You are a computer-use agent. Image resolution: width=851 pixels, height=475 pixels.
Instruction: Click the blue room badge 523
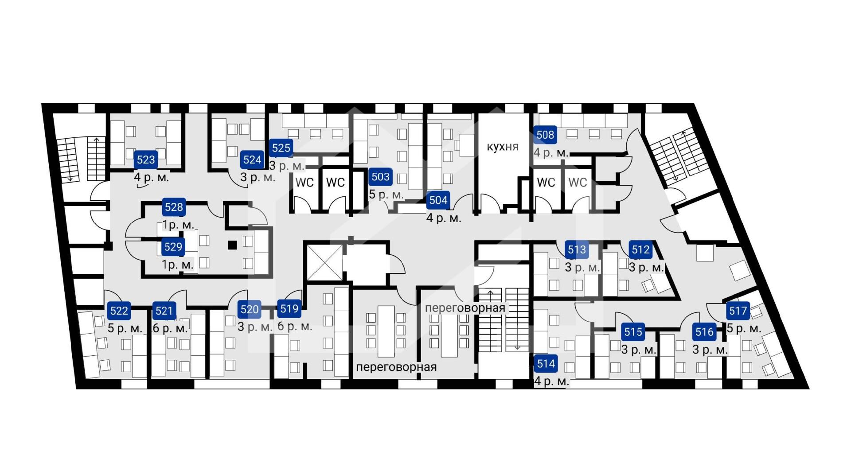coord(146,160)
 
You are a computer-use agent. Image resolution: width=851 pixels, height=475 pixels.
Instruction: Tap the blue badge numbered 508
coord(545,135)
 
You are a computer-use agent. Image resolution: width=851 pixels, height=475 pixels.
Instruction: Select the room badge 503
coord(380,177)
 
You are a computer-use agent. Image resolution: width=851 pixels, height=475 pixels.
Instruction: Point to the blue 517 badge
coord(738,311)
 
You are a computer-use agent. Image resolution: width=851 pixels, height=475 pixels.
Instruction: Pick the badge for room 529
coord(173,247)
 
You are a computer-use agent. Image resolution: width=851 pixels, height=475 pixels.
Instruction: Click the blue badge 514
coord(546,364)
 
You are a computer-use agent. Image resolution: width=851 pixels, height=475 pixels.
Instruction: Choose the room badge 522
coord(119,311)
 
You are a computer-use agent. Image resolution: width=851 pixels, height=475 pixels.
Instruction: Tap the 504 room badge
coord(438,200)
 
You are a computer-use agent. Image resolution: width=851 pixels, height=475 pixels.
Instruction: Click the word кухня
coord(503,147)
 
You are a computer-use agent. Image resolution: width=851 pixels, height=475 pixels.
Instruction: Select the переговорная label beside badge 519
coord(397,367)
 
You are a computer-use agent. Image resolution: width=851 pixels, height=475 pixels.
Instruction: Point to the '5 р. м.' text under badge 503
coord(386,194)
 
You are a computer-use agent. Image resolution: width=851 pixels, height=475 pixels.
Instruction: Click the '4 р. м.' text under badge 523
coord(152,177)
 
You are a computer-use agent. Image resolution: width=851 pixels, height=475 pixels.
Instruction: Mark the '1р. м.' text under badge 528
coord(178,225)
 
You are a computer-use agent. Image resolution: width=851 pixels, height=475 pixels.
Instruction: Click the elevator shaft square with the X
coord(325,262)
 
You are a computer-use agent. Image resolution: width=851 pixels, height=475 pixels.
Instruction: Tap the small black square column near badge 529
coord(232,245)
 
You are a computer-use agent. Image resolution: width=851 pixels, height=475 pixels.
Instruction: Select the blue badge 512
coord(640,250)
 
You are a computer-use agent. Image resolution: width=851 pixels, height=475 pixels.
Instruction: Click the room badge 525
coord(281,148)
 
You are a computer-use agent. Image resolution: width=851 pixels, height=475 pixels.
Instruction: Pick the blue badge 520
coord(250,309)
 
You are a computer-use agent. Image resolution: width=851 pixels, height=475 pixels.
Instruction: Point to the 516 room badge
coord(704,332)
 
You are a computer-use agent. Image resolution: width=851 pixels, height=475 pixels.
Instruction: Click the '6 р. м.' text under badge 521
coord(170,328)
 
